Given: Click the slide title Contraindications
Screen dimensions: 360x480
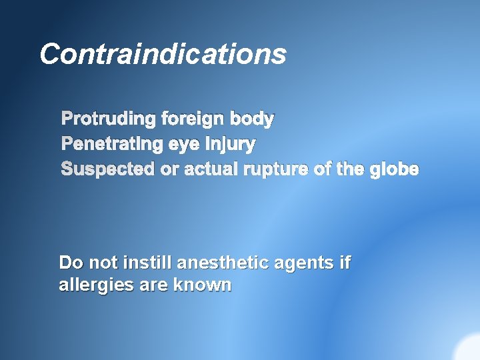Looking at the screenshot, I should click(163, 54).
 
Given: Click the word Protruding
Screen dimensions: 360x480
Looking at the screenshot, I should click(108, 119).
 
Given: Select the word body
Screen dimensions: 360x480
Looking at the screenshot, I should click(252, 119).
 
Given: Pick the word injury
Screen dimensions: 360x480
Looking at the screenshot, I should click(231, 145).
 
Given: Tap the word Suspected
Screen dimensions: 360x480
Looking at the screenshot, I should click(107, 169).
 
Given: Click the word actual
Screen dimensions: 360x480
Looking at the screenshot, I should click(211, 169).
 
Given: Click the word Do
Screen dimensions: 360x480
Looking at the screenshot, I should click(69, 263).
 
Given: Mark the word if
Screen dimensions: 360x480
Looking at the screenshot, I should click(345, 263).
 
